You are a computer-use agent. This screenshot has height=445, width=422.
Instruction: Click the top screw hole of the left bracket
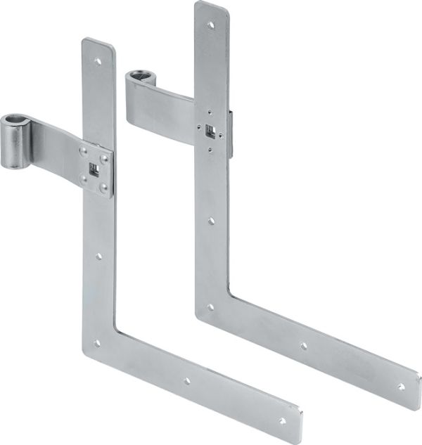98,61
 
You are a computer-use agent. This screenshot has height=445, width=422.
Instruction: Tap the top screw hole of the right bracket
210,25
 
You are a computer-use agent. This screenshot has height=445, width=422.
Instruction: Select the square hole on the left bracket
94,169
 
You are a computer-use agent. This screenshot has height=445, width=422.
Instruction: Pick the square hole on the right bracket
210,129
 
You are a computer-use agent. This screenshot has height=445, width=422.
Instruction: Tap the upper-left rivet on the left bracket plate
84,150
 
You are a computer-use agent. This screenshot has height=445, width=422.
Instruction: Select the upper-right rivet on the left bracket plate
105,159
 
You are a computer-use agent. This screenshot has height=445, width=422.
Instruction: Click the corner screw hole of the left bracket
97,343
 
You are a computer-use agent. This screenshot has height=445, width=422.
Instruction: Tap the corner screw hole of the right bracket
210,307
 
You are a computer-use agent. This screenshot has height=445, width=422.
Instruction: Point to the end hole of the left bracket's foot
282,420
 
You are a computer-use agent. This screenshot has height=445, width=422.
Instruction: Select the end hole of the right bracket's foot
400,386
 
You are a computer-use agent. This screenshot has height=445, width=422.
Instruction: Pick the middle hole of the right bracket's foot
304,345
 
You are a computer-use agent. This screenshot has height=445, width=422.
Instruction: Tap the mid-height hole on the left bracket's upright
98,257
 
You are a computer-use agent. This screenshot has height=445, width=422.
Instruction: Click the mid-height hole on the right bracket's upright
211,221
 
